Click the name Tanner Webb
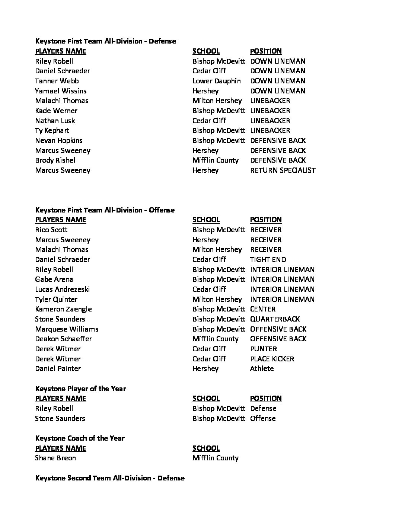(x=57, y=81)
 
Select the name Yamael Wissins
(x=61, y=91)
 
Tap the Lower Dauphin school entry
(x=216, y=81)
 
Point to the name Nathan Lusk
(x=55, y=121)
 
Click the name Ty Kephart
(x=52, y=131)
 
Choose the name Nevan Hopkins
(x=58, y=141)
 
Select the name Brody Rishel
(x=55, y=160)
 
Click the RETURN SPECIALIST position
(x=283, y=170)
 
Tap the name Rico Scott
(x=51, y=230)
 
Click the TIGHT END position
(x=268, y=260)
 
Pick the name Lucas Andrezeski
(x=62, y=290)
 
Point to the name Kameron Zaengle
(x=63, y=309)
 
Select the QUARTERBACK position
(x=275, y=319)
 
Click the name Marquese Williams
(x=67, y=329)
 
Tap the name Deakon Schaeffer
(x=63, y=339)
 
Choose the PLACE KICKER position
(x=272, y=359)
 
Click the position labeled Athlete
(x=262, y=369)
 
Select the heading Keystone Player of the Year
(x=80, y=389)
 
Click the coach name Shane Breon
(x=55, y=458)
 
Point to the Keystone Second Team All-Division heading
(x=109, y=478)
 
